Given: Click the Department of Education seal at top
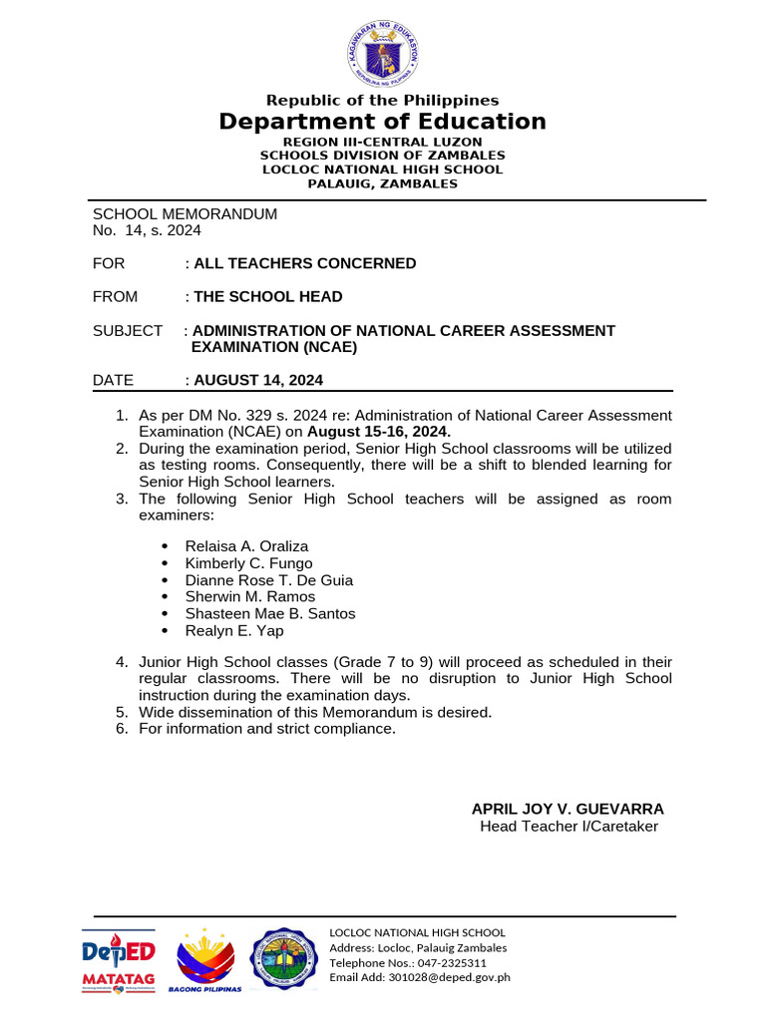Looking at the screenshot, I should [383, 51].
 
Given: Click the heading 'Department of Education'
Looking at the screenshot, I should [383, 122].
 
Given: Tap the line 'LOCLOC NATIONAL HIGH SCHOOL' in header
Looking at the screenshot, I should [383, 170].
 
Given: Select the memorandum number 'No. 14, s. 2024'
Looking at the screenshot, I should [147, 230].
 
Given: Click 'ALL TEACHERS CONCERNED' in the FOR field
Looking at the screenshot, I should [305, 263].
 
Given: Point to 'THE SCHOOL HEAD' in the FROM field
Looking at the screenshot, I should [268, 296].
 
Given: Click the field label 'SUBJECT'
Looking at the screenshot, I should [128, 330].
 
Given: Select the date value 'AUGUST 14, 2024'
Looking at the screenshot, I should [258, 380].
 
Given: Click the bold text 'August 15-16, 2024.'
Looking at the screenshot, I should [379, 432].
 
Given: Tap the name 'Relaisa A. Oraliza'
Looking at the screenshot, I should [246, 546].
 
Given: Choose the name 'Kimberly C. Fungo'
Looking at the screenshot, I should [248, 563].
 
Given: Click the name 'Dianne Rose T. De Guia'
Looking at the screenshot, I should [269, 580].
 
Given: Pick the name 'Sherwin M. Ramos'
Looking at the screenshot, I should [250, 597].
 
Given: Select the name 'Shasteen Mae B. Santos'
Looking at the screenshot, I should [270, 614].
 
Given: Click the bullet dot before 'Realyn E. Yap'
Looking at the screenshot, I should [164, 631].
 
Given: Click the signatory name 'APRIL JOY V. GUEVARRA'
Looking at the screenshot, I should [568, 809].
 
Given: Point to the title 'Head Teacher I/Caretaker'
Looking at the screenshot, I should [569, 827].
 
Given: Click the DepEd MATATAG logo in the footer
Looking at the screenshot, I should [118, 960].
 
